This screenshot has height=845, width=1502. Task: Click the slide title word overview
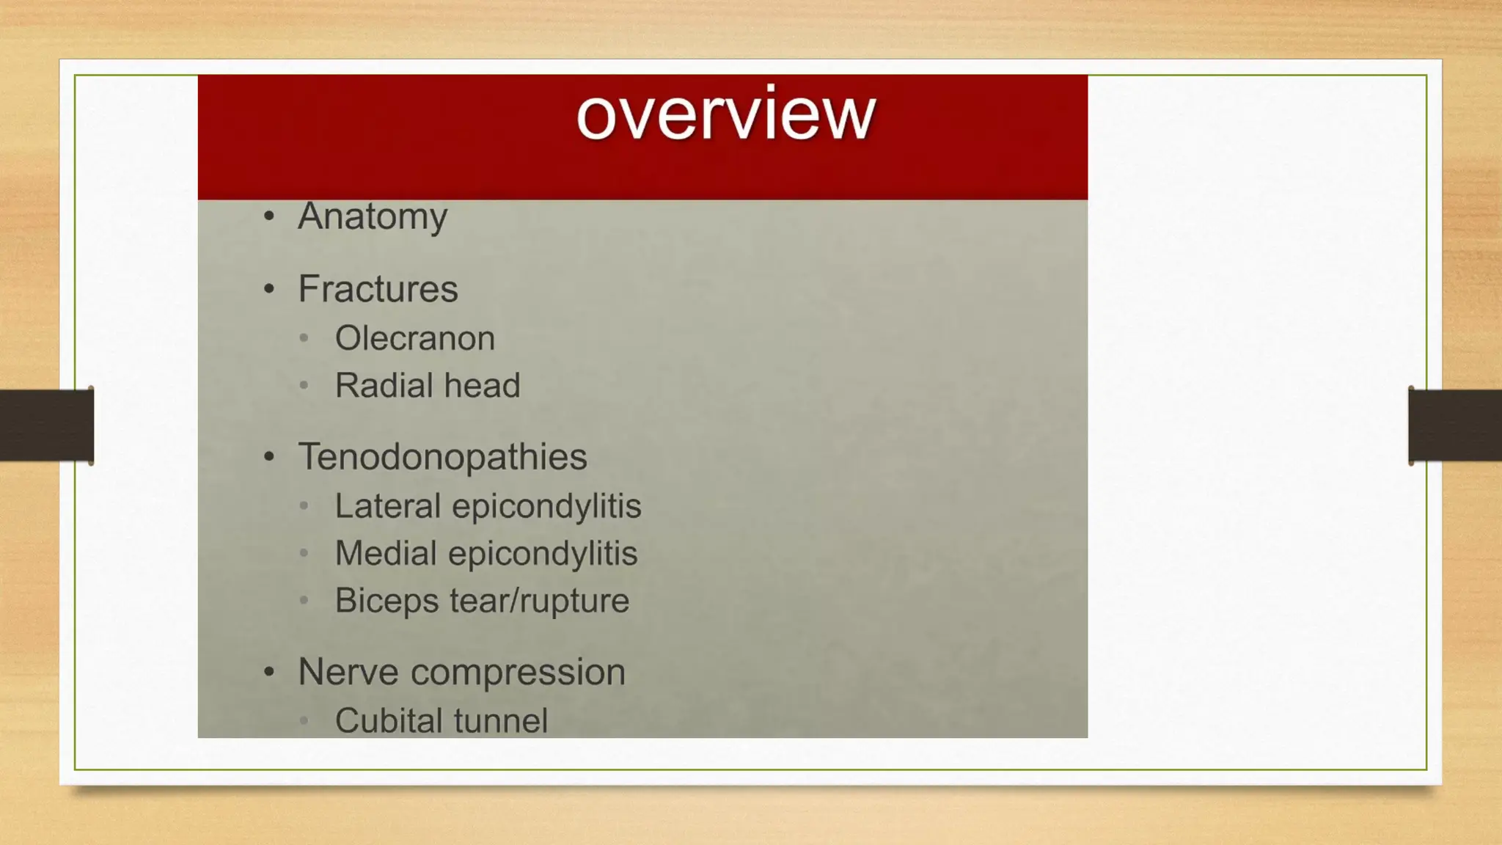(725, 115)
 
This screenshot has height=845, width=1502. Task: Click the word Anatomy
(373, 216)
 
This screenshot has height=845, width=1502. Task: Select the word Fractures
(378, 288)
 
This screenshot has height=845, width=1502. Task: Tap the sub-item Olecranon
(415, 338)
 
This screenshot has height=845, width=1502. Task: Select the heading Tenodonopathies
(442, 456)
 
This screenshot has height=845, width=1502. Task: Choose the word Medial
(386, 553)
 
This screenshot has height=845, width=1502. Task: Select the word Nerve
(348, 672)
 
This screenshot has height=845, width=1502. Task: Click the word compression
(518, 672)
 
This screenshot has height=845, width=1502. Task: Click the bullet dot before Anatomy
(269, 216)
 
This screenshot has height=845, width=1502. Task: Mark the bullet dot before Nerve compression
(269, 672)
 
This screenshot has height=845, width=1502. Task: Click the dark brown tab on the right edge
(1455, 425)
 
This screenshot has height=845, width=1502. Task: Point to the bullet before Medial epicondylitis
(304, 553)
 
